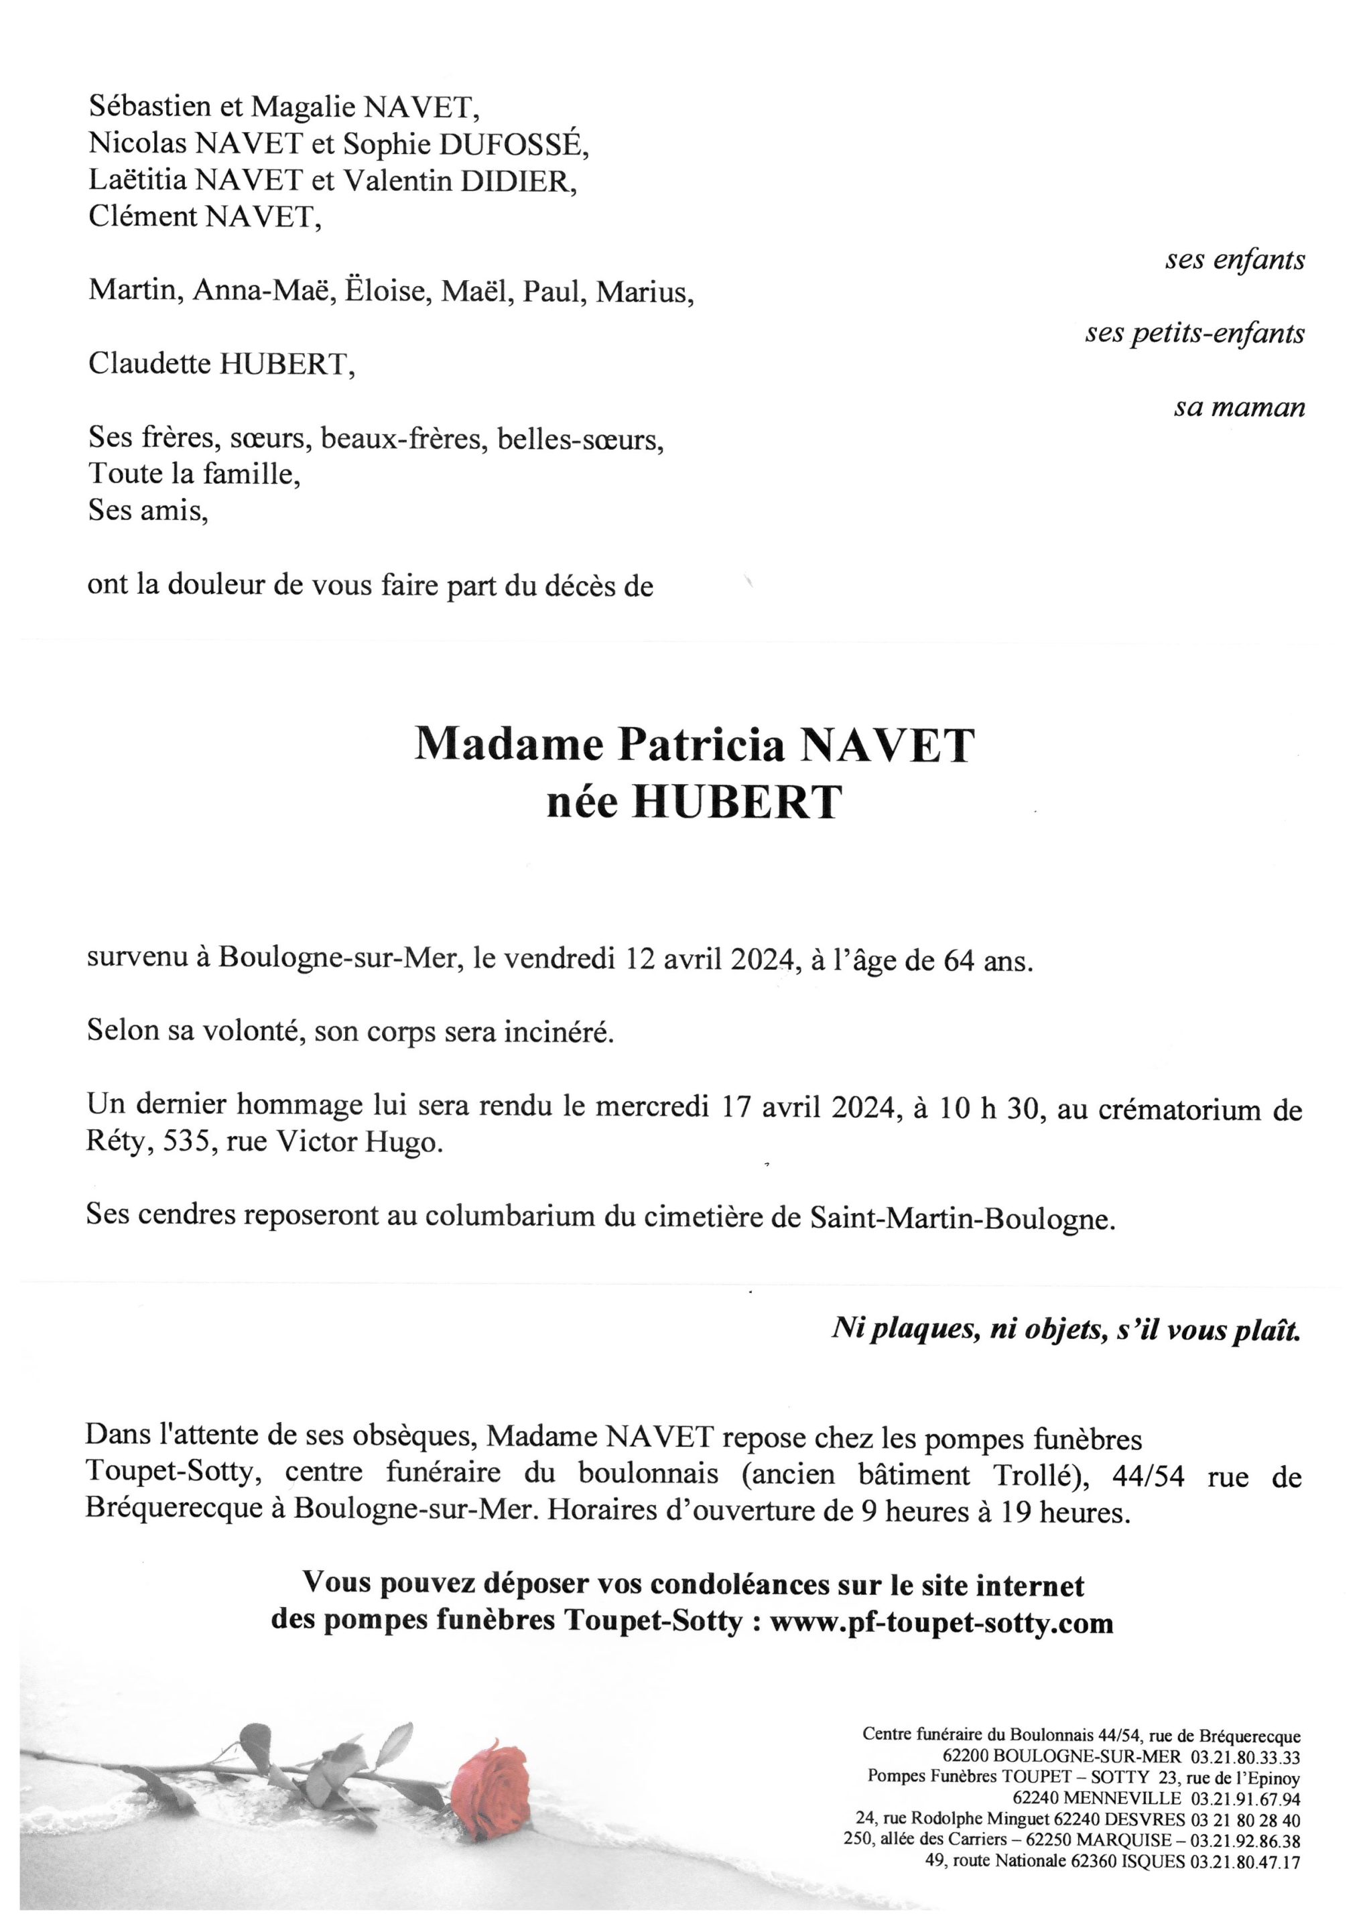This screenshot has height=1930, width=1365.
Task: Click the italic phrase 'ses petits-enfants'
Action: tap(1194, 334)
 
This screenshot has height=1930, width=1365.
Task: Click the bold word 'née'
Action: tap(582, 802)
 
